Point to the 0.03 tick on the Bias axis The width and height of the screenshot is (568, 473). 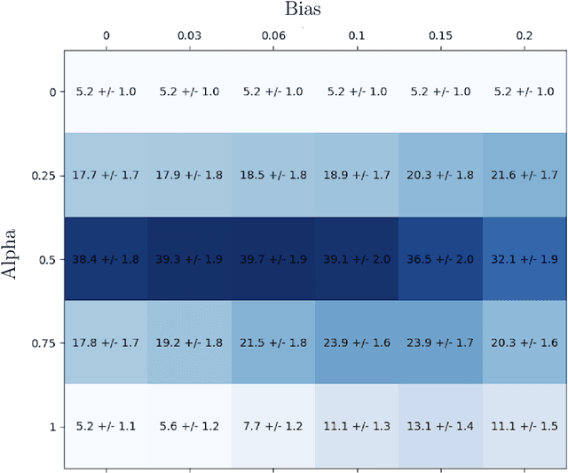coord(189,36)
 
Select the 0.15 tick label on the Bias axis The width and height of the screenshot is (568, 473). coord(440,36)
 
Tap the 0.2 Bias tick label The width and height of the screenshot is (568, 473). coord(524,36)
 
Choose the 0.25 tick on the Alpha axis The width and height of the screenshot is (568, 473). coord(41,175)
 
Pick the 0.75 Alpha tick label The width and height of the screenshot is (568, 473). coord(41,343)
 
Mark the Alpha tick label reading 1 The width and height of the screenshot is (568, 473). coord(51,426)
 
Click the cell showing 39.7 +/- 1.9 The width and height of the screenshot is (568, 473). coord(273,259)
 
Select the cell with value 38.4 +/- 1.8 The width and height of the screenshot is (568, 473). coord(106,259)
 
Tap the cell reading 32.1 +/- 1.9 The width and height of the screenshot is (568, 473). coord(525,259)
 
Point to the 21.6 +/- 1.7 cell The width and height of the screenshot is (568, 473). coord(525,175)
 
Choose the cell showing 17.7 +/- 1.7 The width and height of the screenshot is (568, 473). coord(106,175)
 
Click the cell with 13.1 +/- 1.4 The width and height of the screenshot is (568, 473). coord(441,426)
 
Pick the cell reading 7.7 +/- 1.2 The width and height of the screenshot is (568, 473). coord(273,426)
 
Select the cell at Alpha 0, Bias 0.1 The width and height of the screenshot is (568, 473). coord(357,91)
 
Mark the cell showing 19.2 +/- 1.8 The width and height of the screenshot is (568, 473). coord(189,343)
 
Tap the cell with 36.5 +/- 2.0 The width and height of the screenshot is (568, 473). coord(441,259)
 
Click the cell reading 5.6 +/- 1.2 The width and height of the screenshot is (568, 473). coord(189,426)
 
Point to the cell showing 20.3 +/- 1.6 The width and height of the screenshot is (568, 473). coord(525,343)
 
